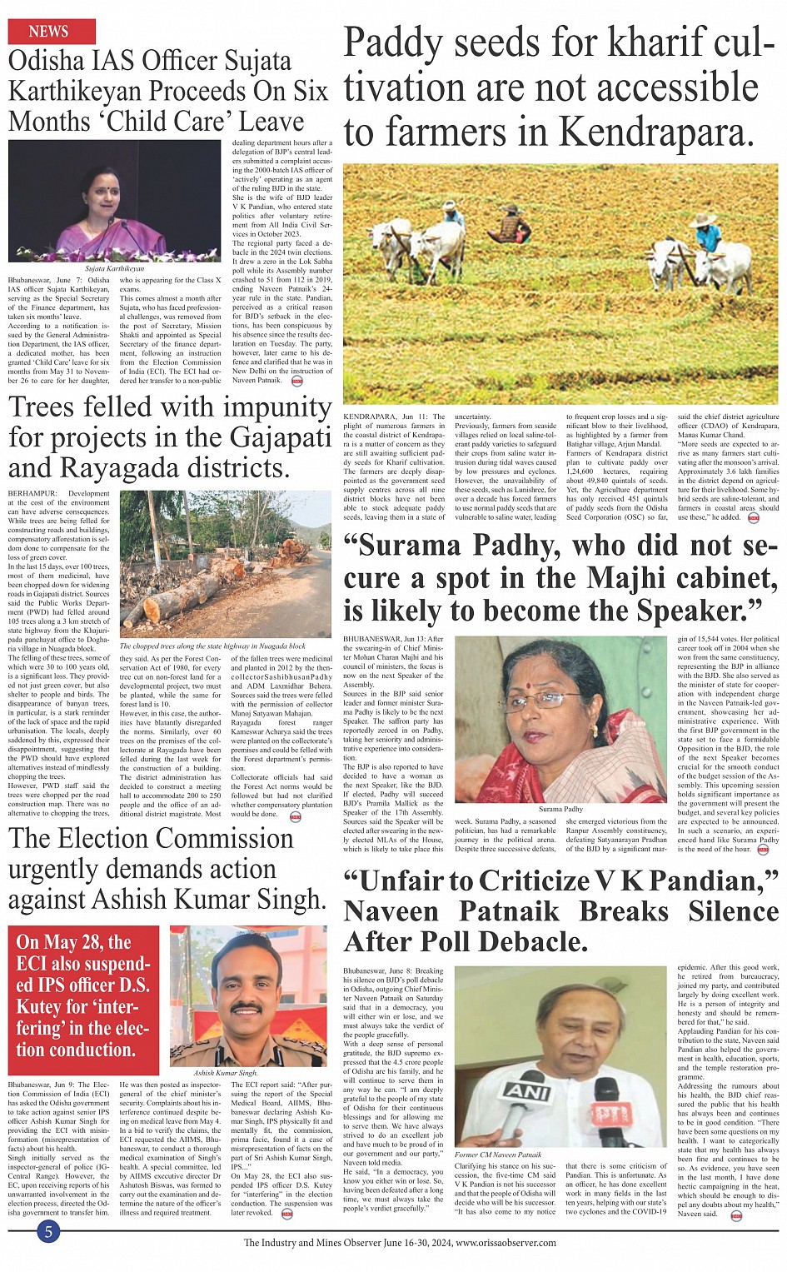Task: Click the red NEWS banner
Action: point(51,32)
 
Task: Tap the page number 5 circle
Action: point(48,1232)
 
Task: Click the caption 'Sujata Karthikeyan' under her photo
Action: point(114,269)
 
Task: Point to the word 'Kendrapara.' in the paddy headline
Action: point(655,132)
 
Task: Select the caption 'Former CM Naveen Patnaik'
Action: point(498,1155)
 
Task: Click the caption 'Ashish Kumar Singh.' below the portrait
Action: point(225,1073)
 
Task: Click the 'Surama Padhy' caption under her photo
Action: point(560,809)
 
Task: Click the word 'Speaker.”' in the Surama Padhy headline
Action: point(700,611)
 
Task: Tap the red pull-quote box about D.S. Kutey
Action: point(83,996)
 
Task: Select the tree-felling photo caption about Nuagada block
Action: point(212,646)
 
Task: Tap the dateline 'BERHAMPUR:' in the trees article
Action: point(32,494)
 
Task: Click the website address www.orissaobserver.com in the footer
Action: point(506,1243)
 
